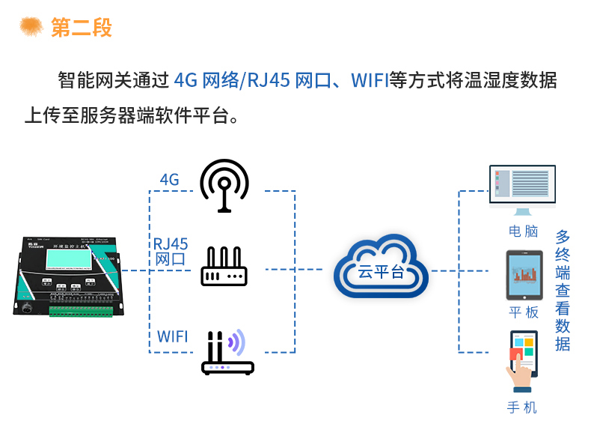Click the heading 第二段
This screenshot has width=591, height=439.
[x=82, y=28]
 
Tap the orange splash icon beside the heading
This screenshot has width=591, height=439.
[x=31, y=26]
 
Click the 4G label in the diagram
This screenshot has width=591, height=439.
[x=170, y=180]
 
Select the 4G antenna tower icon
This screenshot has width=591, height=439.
[x=224, y=185]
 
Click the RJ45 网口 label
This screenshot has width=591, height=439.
[x=171, y=252]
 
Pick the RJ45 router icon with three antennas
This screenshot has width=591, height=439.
[x=224, y=267]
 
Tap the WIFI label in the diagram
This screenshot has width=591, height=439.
[x=173, y=336]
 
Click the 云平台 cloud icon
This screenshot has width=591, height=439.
[x=381, y=268]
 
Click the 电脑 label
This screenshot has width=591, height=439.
[x=523, y=231]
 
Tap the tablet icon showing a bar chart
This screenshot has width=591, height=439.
[x=524, y=275]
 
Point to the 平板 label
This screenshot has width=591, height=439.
[x=523, y=312]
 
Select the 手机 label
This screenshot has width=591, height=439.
[x=522, y=408]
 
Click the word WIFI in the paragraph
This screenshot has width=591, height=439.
[x=370, y=80]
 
